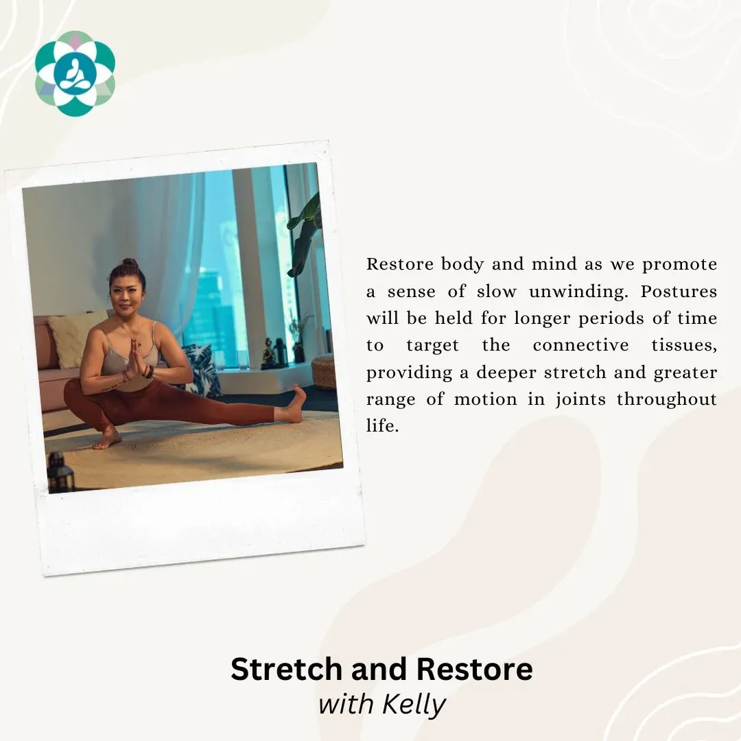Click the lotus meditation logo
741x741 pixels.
pos(75,73)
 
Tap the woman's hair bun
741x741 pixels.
pos(130,263)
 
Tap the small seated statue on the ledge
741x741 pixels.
pos(268,353)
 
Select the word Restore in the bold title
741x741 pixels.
pos(475,669)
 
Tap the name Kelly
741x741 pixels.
pos(414,705)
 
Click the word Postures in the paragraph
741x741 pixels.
pos(679,292)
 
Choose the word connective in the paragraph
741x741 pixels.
pos(581,345)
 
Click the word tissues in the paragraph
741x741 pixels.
pos(684,345)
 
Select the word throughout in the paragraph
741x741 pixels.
pos(667,399)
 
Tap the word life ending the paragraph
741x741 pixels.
pos(382,425)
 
